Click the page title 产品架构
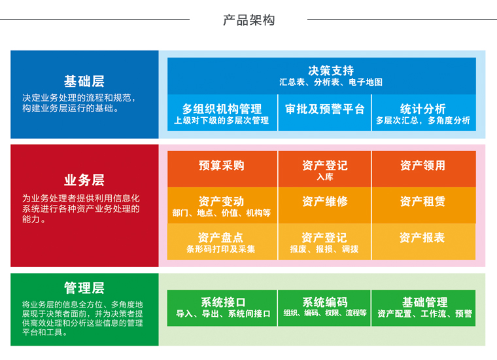coord(248,20)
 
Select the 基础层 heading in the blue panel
coord(84,81)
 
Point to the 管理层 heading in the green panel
coord(84,288)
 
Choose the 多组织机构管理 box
coord(222,113)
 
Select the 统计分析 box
coord(423,113)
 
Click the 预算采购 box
coord(222,168)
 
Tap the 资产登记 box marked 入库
coord(324,169)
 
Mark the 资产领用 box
coord(423,168)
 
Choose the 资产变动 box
coord(222,205)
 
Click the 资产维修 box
coord(324,204)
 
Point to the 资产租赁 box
coord(423,204)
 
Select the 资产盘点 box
coord(222,242)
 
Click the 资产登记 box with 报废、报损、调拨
coord(324,242)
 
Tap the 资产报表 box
coord(423,241)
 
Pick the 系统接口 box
coord(223,308)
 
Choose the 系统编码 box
coord(324,308)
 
